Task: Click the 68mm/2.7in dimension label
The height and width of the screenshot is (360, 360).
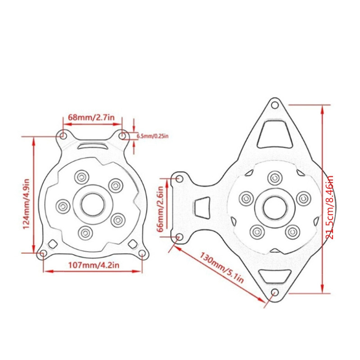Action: (x=94, y=117)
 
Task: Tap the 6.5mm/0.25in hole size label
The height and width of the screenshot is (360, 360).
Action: (x=152, y=135)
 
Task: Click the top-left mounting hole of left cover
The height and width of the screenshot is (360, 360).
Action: (x=63, y=135)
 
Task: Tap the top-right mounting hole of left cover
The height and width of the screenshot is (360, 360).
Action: (x=122, y=135)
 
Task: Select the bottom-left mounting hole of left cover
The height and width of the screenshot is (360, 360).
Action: (x=42, y=254)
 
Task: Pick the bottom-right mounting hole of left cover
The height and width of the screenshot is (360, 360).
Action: (x=142, y=254)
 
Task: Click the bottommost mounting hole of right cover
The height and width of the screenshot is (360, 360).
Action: (x=274, y=293)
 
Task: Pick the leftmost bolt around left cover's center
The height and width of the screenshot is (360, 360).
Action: (x=63, y=206)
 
